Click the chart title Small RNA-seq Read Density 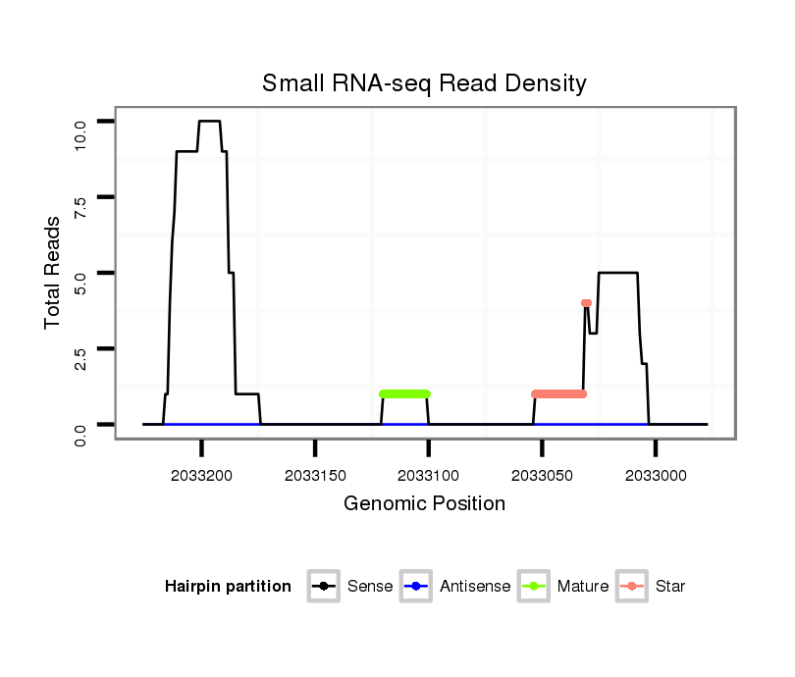pos(424,83)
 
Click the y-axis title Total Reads pos(53,273)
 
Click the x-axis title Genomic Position pos(424,504)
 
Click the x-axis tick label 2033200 pos(201,475)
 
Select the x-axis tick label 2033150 pos(315,475)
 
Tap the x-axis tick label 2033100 pos(429,475)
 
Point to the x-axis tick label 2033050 pos(543,475)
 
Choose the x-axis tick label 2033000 pos(657,475)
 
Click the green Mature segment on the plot pos(404,393)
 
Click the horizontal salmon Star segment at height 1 pos(558,393)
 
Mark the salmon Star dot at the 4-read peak pos(586,303)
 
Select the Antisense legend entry pos(475,587)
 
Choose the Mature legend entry pos(582,587)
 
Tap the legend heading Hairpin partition pos(228,587)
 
